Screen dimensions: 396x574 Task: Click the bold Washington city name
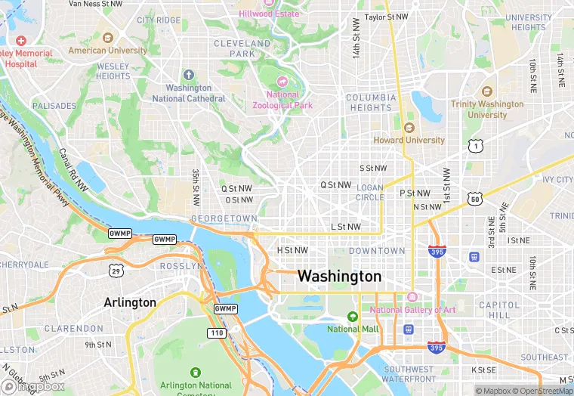(x=339, y=276)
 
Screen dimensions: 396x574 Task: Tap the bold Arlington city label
(x=130, y=302)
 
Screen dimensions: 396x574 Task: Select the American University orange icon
(x=107, y=37)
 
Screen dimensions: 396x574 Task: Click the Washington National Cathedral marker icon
(x=189, y=75)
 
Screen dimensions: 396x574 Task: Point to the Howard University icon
(x=409, y=128)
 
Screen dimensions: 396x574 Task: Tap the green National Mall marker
(x=352, y=316)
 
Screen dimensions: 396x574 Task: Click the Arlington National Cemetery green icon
(x=196, y=373)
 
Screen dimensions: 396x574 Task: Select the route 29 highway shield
(x=116, y=270)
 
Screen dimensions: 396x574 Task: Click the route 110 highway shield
(x=216, y=333)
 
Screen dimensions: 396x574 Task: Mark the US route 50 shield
(x=474, y=200)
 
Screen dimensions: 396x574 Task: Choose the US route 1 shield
(x=474, y=144)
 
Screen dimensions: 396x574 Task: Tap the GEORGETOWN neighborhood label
(x=224, y=218)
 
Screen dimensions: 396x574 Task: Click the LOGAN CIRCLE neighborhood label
(x=370, y=192)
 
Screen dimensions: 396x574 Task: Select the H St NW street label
(x=292, y=250)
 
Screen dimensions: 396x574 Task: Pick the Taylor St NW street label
(x=386, y=17)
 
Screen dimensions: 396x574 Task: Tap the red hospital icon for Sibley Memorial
(x=20, y=40)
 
